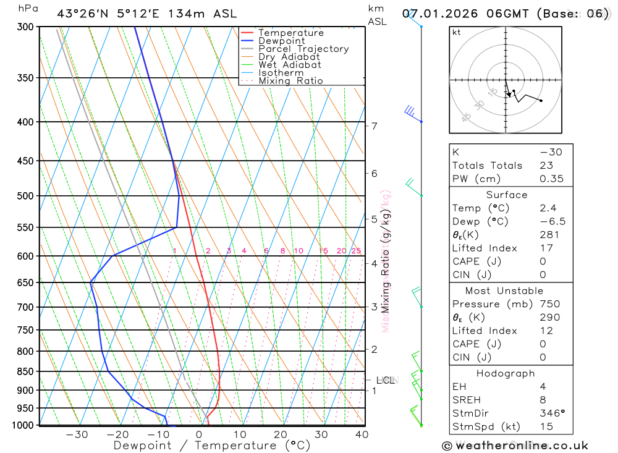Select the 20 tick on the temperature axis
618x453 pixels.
click(x=281, y=434)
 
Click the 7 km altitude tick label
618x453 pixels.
click(x=374, y=126)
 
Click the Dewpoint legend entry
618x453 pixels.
click(x=281, y=41)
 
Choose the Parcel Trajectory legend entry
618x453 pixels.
click(x=303, y=49)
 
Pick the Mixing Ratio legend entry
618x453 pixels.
click(x=290, y=80)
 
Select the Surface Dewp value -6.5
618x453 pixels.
click(x=552, y=221)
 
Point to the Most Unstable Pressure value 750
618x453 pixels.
click(x=549, y=304)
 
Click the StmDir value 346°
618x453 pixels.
click(x=552, y=413)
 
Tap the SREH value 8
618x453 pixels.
click(x=543, y=400)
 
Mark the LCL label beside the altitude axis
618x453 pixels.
click(x=386, y=380)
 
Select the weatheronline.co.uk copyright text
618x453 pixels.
click(x=515, y=446)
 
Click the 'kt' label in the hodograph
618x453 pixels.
click(x=457, y=32)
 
